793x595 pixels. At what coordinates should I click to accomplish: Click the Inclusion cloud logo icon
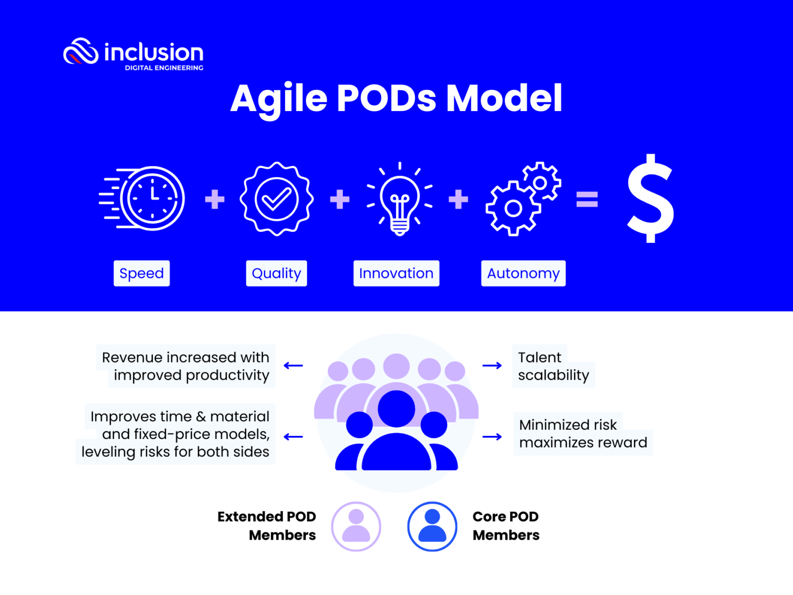point(81,52)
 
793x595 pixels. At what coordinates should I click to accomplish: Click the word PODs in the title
point(386,98)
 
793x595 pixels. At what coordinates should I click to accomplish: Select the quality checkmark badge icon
point(277,199)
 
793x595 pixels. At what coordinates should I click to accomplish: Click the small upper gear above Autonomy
point(541,182)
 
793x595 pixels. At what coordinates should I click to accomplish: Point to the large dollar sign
point(650,199)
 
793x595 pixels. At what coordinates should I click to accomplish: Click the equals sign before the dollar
point(587,199)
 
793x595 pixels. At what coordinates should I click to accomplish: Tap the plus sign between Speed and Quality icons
point(215,199)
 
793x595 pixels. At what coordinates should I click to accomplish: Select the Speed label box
point(141,273)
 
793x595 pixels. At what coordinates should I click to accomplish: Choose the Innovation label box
point(396,273)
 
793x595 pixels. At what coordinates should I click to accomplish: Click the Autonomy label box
point(523,273)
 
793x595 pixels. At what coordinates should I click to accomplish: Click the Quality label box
point(276,273)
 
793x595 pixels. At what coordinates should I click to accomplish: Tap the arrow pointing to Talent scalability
point(492,366)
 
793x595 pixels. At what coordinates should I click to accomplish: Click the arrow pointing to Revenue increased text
point(293,366)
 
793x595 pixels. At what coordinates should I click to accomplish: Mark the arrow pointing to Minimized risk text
point(492,437)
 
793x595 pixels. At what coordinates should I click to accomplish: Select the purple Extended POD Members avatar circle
point(356,526)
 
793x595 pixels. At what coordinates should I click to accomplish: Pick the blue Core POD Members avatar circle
point(432,526)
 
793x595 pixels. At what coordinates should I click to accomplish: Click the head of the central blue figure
point(396,409)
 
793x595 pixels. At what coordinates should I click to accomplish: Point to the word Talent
point(540,357)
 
